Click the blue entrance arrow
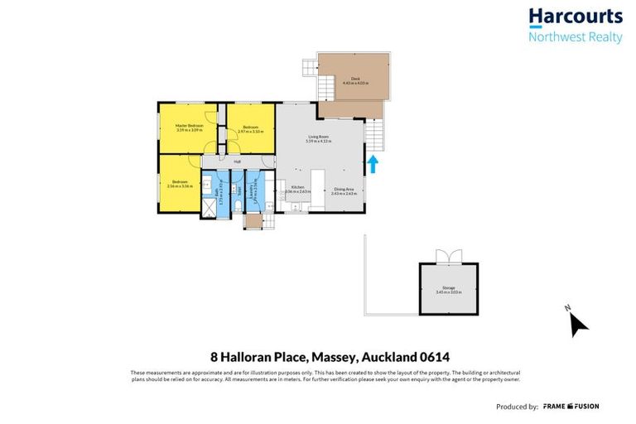pos(372,164)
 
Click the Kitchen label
pos(297,190)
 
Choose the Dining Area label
pos(344,190)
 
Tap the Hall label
pos(237,161)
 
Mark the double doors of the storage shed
pos(448,257)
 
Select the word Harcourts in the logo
pos(575,17)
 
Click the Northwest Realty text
pos(575,36)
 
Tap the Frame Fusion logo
pos(571,407)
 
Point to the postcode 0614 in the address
pos(431,358)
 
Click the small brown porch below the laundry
pos(252,221)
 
